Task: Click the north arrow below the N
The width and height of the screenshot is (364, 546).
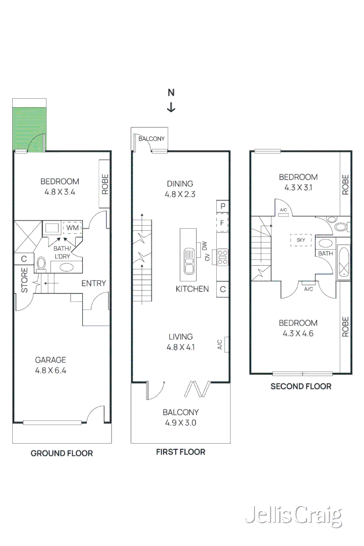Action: (171, 107)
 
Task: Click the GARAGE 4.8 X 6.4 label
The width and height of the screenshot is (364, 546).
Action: (50, 365)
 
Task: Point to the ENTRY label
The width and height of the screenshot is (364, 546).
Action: (94, 283)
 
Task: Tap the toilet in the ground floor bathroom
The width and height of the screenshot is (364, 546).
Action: (41, 264)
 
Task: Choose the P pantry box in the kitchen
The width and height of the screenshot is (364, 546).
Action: (222, 206)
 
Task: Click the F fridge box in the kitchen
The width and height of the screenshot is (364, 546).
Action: (222, 223)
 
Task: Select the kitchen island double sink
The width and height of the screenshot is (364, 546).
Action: (188, 260)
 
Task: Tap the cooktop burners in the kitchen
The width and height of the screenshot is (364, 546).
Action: (222, 256)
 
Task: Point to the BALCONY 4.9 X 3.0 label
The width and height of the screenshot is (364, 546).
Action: (180, 418)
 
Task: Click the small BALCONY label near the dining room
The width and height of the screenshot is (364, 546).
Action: (151, 139)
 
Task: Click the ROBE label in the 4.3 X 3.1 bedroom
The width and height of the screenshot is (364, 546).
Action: (345, 185)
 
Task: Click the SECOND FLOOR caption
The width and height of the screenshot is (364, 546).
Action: (301, 386)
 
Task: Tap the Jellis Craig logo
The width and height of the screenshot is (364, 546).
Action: (293, 516)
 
